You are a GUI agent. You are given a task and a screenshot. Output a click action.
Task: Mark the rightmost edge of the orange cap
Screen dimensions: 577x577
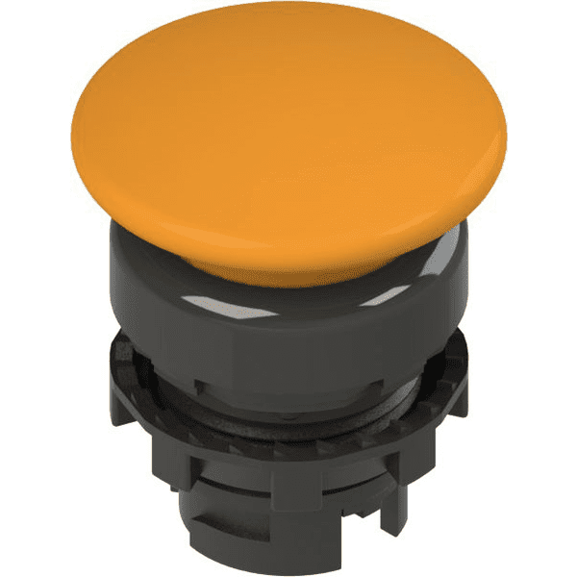(509, 144)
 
